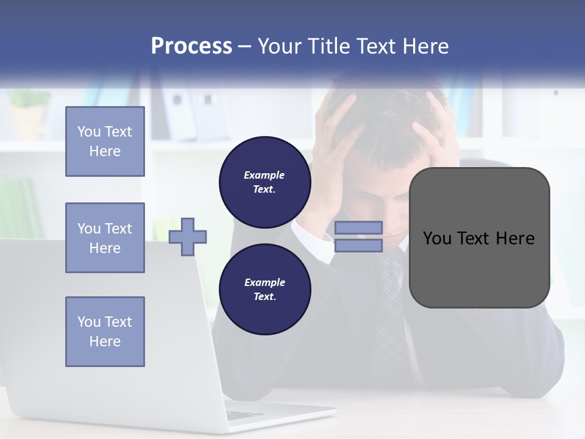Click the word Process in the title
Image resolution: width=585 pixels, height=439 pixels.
click(191, 46)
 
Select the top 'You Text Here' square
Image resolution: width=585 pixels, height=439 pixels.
click(105, 141)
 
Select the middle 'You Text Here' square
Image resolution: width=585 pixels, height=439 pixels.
click(105, 238)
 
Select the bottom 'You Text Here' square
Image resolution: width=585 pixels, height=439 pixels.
click(105, 332)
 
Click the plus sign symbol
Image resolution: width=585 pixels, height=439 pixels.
click(187, 237)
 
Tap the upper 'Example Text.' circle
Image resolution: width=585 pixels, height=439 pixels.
click(264, 182)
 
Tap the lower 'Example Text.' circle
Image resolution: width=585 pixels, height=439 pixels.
click(264, 289)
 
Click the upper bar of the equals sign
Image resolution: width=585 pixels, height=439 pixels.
click(358, 227)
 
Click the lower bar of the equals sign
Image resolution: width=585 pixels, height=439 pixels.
click(358, 246)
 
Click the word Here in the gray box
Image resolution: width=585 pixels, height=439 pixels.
click(515, 238)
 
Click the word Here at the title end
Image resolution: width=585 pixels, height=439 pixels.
click(425, 46)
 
